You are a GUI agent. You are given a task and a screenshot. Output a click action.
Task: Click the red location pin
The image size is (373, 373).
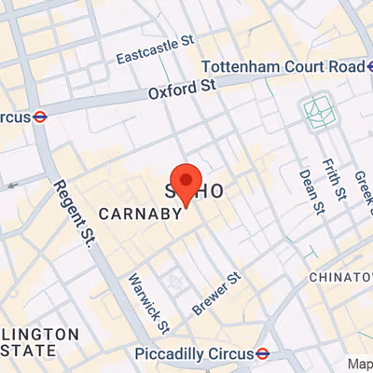[x=186, y=183]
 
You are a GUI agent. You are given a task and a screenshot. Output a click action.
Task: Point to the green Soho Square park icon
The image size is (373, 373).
[x=320, y=113]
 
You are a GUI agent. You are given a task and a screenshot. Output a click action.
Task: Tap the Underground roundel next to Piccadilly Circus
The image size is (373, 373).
[x=264, y=354]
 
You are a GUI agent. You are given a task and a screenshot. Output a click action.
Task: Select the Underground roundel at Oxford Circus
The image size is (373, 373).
[x=40, y=117]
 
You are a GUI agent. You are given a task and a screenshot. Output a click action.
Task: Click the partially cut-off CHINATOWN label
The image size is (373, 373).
[x=340, y=277]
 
